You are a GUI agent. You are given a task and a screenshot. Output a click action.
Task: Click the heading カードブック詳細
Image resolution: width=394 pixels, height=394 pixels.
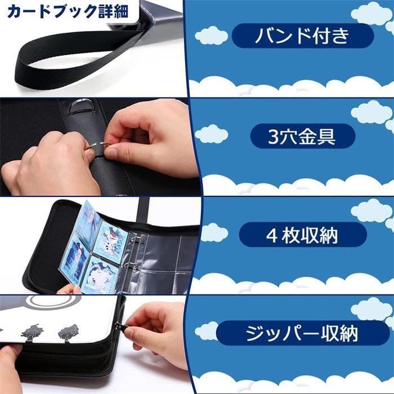pos(67,11)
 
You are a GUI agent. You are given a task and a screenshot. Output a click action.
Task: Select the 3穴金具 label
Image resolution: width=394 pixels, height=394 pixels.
pos(302,136)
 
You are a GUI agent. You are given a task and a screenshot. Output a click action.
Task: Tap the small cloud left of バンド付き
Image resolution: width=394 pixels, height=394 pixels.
pos(211,35)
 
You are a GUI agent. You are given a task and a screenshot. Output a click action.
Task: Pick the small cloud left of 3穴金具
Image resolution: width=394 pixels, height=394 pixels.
pos(212,134)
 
